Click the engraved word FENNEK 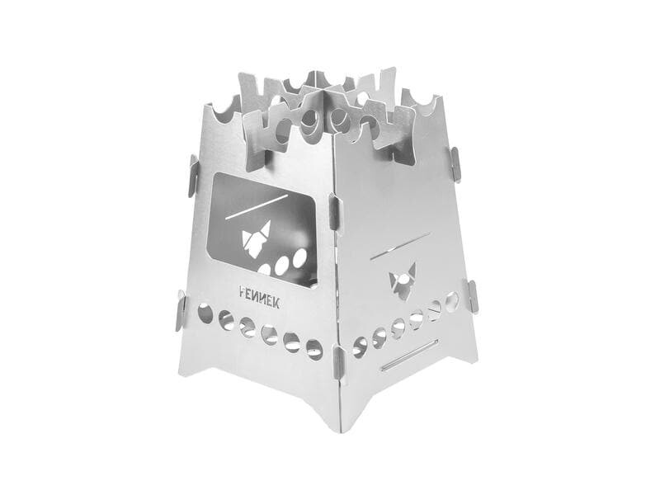point(259,297)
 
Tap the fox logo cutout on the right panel point(403,281)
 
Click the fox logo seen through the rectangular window point(256,238)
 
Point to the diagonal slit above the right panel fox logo point(400,245)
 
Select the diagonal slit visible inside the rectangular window point(257,207)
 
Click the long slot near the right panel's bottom point(409,356)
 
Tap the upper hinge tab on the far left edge point(193,176)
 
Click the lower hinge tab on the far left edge point(181,310)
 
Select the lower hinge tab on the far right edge point(472,297)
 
